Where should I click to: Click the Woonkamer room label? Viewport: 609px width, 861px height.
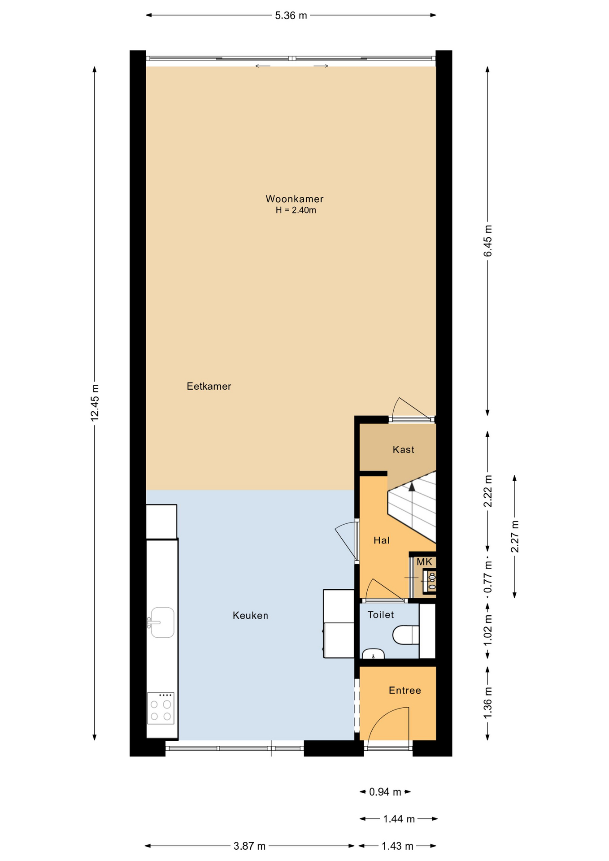(294, 199)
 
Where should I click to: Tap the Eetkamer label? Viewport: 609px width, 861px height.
(209, 386)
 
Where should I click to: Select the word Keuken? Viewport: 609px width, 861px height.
(250, 616)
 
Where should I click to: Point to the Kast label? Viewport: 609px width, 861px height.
(403, 449)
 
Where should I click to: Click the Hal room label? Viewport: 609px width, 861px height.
(382, 540)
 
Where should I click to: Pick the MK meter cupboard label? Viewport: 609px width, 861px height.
(424, 562)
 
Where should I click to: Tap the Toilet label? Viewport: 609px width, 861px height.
(381, 615)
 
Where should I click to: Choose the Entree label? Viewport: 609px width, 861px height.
(405, 691)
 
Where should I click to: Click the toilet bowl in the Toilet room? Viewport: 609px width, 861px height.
(406, 635)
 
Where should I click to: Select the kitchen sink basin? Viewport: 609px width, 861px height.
(162, 622)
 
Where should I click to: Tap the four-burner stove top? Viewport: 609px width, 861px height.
(161, 708)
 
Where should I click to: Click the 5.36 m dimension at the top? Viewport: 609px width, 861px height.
(291, 16)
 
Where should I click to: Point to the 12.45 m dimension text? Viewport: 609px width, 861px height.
(95, 402)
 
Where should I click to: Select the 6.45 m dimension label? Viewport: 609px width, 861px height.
(487, 241)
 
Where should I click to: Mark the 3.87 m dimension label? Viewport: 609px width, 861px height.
(250, 846)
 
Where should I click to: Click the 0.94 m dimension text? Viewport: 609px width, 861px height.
(385, 792)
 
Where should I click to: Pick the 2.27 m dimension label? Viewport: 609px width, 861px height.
(514, 536)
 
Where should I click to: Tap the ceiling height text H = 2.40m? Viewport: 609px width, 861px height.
(296, 210)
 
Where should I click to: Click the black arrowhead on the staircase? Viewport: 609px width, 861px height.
(412, 487)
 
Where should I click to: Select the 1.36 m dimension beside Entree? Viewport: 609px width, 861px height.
(487, 703)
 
